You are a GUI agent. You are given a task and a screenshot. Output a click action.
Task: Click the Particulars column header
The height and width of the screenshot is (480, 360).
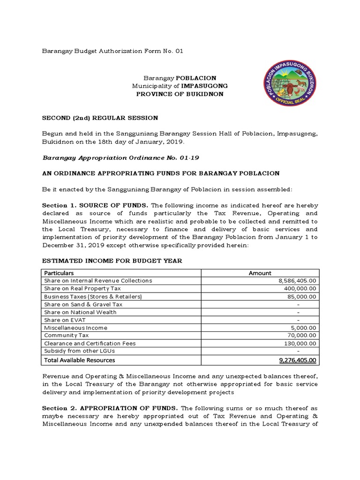click(x=59, y=273)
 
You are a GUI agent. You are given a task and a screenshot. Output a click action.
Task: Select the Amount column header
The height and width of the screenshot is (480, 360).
click(x=260, y=273)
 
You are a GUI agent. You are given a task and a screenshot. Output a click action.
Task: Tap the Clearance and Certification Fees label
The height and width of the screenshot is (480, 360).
click(x=90, y=344)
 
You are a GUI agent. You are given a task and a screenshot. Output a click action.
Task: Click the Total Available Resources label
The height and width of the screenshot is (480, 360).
click(x=79, y=360)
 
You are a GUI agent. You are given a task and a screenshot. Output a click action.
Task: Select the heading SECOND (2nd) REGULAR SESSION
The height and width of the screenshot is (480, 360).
click(x=100, y=118)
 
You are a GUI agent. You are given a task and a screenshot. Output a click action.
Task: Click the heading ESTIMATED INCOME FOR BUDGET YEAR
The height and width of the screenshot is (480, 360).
click(x=112, y=261)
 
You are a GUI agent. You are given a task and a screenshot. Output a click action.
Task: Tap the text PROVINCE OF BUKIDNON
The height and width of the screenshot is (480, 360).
click(x=180, y=94)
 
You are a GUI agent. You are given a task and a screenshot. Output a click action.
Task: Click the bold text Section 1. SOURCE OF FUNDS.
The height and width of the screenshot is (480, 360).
click(x=96, y=205)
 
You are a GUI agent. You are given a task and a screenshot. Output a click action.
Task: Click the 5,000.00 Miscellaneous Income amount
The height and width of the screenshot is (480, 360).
click(x=304, y=328)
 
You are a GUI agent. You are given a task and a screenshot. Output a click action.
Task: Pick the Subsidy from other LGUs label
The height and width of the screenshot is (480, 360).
click(x=79, y=351)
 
